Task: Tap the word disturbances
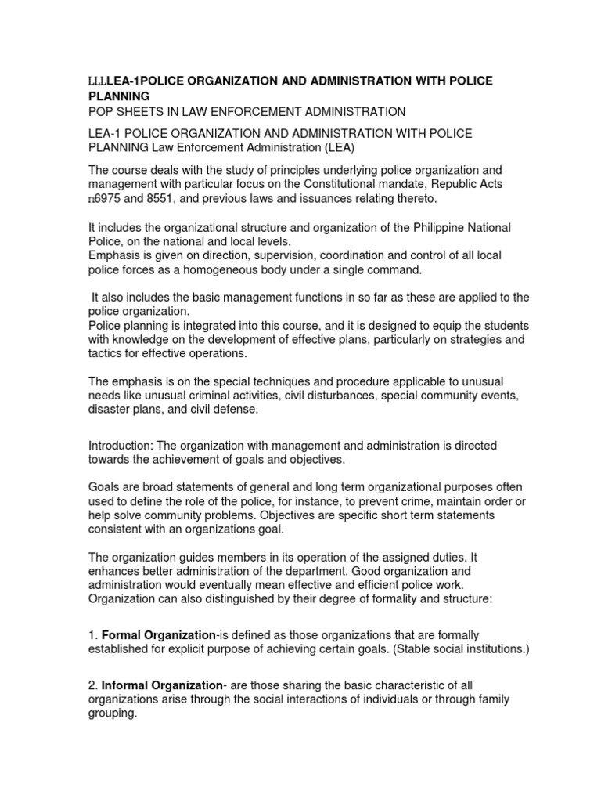[x=340, y=396]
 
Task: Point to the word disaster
[x=110, y=410]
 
